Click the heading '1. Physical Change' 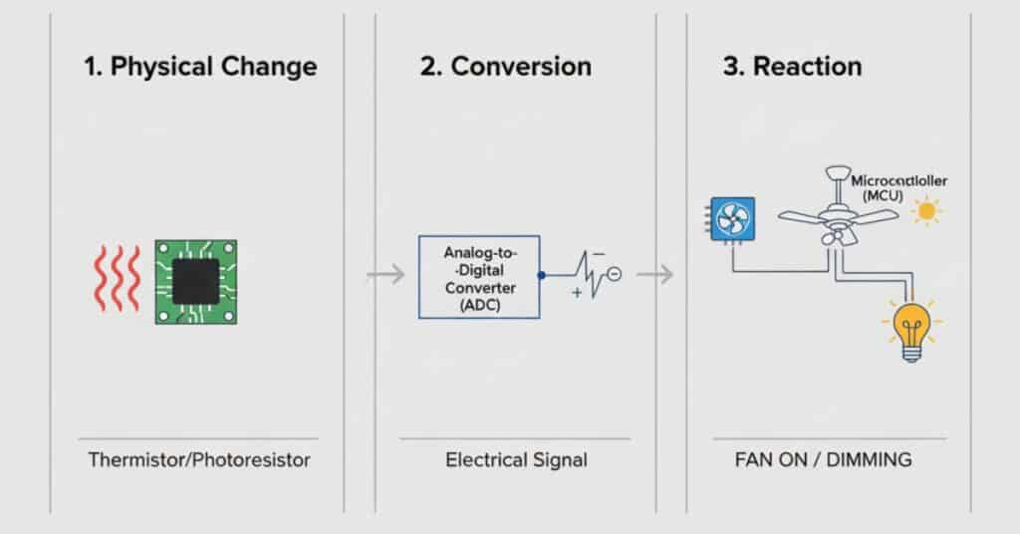[199, 68]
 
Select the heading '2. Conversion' [506, 67]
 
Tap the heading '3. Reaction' [792, 67]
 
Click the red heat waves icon [118, 282]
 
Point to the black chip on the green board [196, 282]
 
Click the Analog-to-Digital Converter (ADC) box [478, 277]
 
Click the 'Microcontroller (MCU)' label [899, 188]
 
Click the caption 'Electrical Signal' [516, 460]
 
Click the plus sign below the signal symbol [577, 293]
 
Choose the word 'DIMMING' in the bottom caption [870, 460]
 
